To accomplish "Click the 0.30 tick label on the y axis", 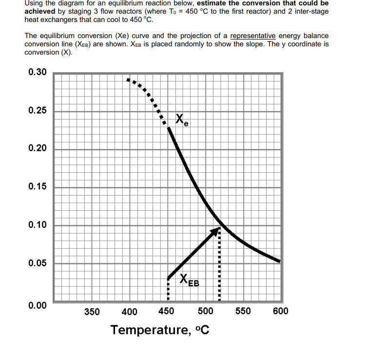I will point(38,72).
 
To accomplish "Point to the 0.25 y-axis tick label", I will point(38,110).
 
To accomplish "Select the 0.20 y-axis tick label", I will point(38,148).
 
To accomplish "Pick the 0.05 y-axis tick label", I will point(38,263).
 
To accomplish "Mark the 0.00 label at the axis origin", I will point(38,306).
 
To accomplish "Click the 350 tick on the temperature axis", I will point(92,312).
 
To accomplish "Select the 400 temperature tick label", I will point(129,312).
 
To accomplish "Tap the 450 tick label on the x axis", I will point(167,312).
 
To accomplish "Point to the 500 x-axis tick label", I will point(205,312).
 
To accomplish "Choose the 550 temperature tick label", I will point(243,312).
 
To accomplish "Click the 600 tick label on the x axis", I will point(281,312).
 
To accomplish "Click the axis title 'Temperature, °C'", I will point(160,330).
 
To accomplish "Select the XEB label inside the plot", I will point(190,280).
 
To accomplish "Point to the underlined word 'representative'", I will point(252,36).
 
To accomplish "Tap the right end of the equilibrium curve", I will point(280,261).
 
